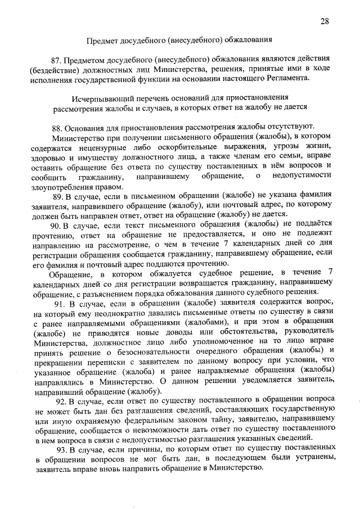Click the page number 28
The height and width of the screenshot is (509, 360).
coord(325,21)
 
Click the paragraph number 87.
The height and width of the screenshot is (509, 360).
coord(55,59)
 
